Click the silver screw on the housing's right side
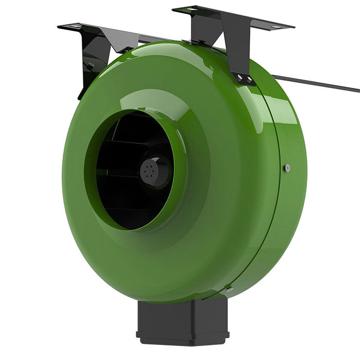pos(287,168)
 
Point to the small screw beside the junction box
pos(229,290)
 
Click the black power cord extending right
pos(319,83)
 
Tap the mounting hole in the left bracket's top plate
pos(76,26)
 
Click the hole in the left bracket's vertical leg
pos(91,65)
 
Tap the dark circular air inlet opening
pos(129,170)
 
